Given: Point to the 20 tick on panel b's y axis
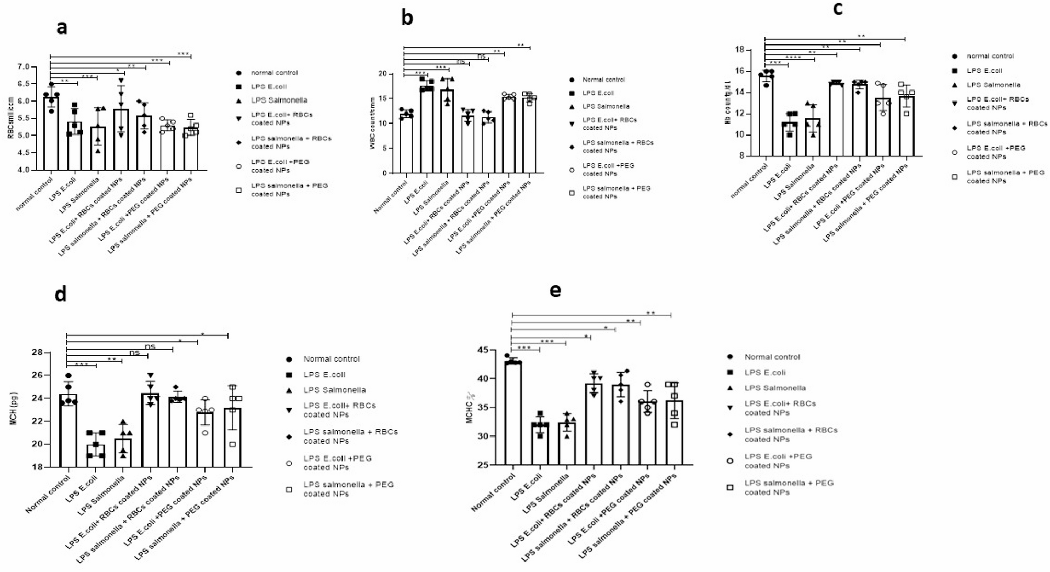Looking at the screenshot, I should [x=383, y=74].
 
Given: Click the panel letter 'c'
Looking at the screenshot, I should [x=837, y=8].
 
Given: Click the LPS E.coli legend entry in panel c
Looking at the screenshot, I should [x=984, y=70].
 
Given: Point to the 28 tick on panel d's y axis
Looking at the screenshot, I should [x=37, y=352].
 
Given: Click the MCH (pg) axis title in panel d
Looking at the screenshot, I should [x=14, y=410].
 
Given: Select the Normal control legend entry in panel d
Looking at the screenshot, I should [x=331, y=359].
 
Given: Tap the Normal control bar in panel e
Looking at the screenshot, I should [x=513, y=413].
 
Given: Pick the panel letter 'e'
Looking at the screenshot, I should [x=555, y=290].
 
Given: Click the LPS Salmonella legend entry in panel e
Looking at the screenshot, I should [x=774, y=388].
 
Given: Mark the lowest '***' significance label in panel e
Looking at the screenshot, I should [x=524, y=348].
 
